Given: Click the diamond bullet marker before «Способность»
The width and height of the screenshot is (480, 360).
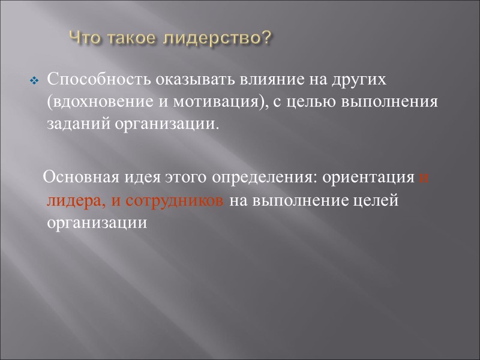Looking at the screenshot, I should (x=34, y=80).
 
